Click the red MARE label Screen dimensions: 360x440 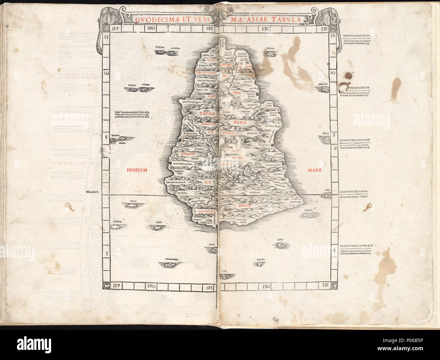(x=314, y=170)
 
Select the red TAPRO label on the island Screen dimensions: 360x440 (x=207, y=114)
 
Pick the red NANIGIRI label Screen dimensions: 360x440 (x=241, y=206)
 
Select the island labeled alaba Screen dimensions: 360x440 (x=280, y=244)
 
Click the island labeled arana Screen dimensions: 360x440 (x=213, y=249)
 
